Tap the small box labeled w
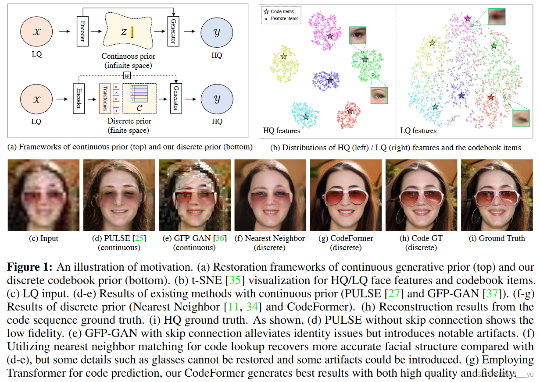(x=127, y=76)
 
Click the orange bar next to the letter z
(x=132, y=32)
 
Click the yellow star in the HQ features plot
(x=284, y=57)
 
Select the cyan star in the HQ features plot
(x=306, y=117)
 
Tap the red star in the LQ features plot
(x=491, y=97)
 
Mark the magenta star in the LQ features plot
(x=468, y=19)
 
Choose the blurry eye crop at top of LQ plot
(x=497, y=17)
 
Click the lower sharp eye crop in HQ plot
(x=379, y=95)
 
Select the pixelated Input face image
(x=43, y=195)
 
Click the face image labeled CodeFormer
(x=346, y=195)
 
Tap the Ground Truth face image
(x=497, y=195)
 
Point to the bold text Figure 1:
(x=31, y=267)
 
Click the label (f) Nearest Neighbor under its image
(x=270, y=238)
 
